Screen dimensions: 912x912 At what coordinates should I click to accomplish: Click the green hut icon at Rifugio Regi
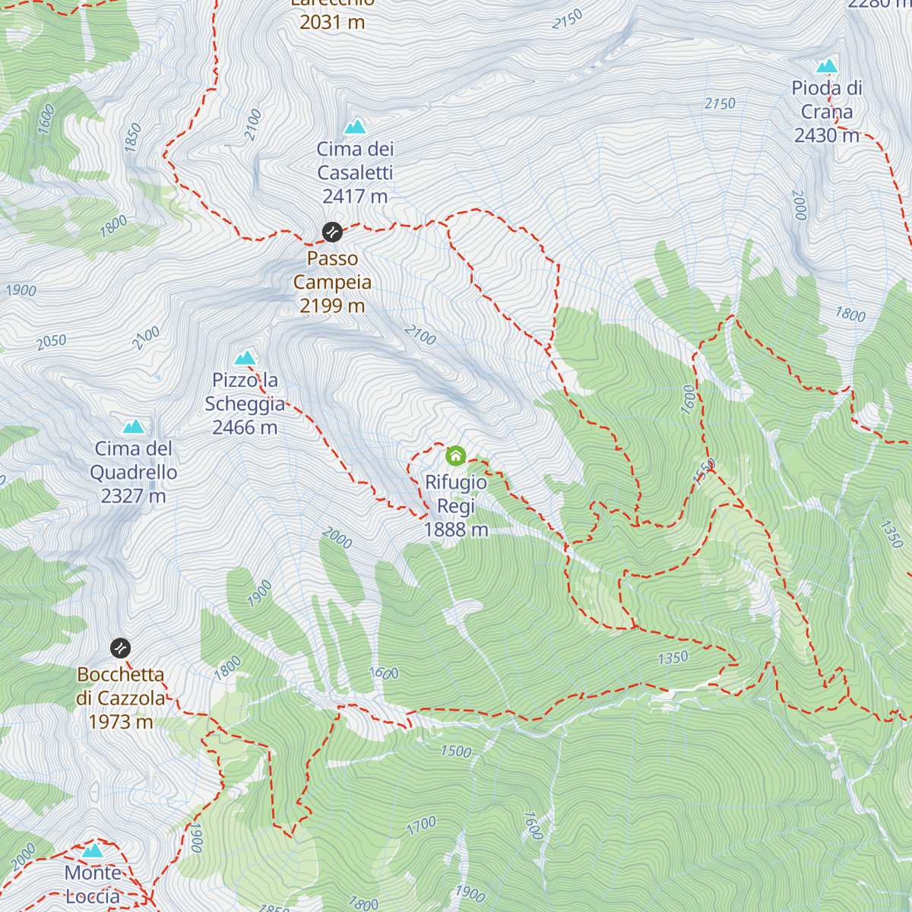click(455, 456)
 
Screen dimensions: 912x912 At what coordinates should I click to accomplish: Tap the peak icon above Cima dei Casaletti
click(355, 127)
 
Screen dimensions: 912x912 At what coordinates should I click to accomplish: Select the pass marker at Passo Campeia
click(331, 231)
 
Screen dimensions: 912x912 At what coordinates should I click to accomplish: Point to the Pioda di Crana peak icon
click(827, 66)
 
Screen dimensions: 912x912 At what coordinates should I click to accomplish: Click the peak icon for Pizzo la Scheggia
click(245, 358)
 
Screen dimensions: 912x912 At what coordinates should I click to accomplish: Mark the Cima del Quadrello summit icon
click(134, 426)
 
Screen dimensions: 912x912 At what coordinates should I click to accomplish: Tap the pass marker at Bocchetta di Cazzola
click(121, 648)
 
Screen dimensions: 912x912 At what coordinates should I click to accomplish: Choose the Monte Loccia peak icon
click(93, 850)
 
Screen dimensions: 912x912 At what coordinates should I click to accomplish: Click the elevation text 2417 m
click(355, 197)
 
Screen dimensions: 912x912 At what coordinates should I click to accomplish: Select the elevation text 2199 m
click(332, 306)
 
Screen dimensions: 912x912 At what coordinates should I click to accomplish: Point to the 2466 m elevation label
click(245, 428)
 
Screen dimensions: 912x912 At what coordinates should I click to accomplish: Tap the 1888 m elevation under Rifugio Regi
click(456, 530)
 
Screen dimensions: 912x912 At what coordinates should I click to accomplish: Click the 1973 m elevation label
click(121, 722)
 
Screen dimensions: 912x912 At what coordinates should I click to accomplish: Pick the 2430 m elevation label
click(827, 136)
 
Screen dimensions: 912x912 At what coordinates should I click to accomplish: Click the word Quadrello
click(134, 473)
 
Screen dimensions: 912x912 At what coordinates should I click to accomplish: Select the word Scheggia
click(245, 404)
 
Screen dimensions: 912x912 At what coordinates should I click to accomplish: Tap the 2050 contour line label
click(52, 342)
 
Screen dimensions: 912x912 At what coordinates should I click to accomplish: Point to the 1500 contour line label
click(456, 752)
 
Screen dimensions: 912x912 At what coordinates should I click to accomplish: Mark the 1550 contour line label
click(705, 471)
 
